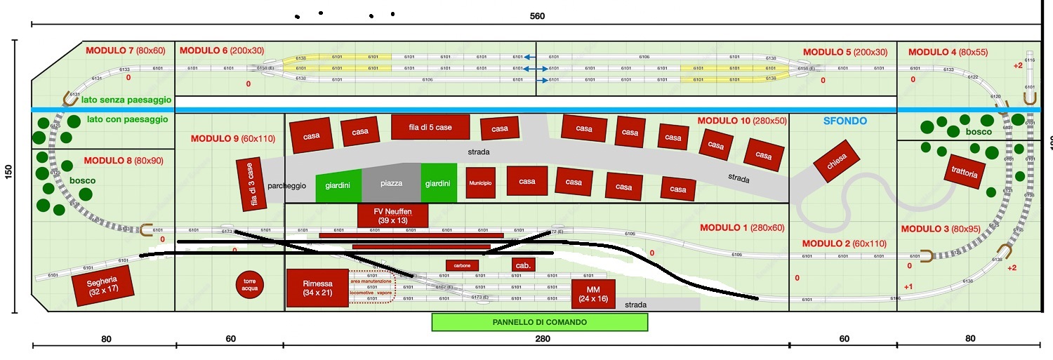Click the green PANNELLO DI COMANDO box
pyautogui.click(x=539, y=322)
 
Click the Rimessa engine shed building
pyautogui.click(x=317, y=288)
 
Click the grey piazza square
pyautogui.click(x=391, y=183)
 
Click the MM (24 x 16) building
pyautogui.click(x=593, y=293)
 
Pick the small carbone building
pyautogui.click(x=463, y=265)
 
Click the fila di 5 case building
pyautogui.click(x=430, y=127)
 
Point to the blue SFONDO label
pyautogui.click(x=845, y=121)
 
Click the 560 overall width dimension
pyautogui.click(x=537, y=15)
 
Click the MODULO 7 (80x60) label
pyautogui.click(x=125, y=51)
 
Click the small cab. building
pyautogui.click(x=523, y=265)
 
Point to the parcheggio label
pyautogui.click(x=286, y=186)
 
